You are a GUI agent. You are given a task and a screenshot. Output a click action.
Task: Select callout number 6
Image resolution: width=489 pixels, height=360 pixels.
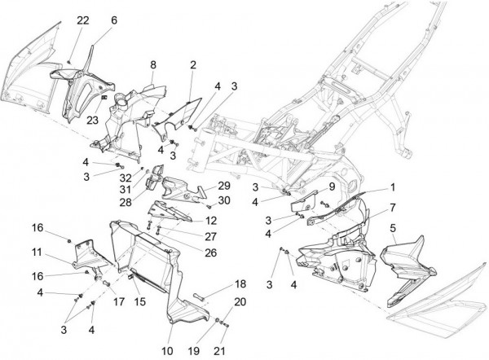tap(113, 20)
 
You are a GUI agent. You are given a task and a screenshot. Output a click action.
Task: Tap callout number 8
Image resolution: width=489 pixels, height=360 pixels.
tap(152, 63)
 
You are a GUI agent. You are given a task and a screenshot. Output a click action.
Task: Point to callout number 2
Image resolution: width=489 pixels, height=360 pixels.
tap(193, 63)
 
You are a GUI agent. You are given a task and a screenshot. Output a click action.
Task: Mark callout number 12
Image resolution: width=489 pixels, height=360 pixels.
tap(210, 220)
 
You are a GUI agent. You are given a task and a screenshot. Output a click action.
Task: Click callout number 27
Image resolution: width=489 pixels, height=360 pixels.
tap(210, 236)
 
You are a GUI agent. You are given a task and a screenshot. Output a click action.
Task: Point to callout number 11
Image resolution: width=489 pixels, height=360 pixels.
tap(37, 253)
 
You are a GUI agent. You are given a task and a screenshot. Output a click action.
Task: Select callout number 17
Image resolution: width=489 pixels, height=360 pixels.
tap(119, 301)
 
